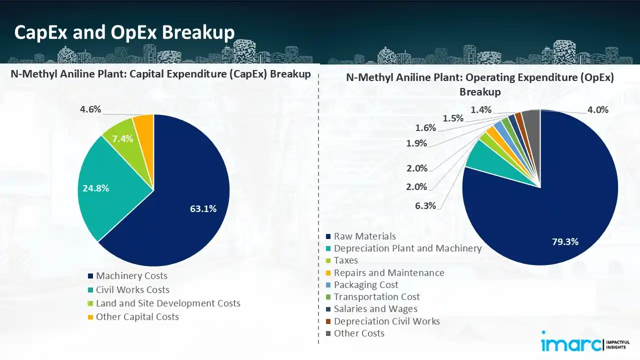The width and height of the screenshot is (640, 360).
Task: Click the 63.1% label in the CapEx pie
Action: [203, 209]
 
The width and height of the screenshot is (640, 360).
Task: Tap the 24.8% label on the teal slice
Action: [96, 188]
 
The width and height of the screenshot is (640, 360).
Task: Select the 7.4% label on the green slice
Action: [122, 139]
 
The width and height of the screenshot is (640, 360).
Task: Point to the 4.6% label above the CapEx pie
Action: [90, 109]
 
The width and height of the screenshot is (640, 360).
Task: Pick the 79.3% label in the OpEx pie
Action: [565, 242]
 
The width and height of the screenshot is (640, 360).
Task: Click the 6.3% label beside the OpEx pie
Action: [425, 205]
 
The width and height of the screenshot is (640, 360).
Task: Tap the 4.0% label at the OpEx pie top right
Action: [597, 110]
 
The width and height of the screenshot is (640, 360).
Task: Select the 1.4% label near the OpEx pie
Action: [480, 110]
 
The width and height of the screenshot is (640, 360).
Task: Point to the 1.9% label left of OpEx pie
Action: [416, 143]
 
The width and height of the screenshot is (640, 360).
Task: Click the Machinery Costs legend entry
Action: [131, 276]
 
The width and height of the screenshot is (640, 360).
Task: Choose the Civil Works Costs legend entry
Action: [132, 290]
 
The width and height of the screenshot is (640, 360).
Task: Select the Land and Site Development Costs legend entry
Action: [168, 303]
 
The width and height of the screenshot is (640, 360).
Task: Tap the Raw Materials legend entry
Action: [364, 236]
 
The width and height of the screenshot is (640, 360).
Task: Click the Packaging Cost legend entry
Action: [366, 285]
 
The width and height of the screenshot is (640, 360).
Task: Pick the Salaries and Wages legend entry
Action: [375, 309]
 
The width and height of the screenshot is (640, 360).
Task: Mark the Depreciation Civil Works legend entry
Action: [386, 321]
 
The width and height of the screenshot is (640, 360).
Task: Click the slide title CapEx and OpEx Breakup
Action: [124, 32]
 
